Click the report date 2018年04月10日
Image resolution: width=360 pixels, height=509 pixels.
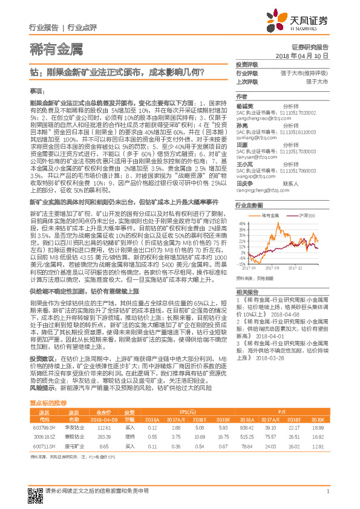[x=306, y=55]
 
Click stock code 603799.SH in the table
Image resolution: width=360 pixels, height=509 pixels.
[x=42, y=411]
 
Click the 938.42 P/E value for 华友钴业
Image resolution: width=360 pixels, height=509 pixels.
[x=247, y=411]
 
